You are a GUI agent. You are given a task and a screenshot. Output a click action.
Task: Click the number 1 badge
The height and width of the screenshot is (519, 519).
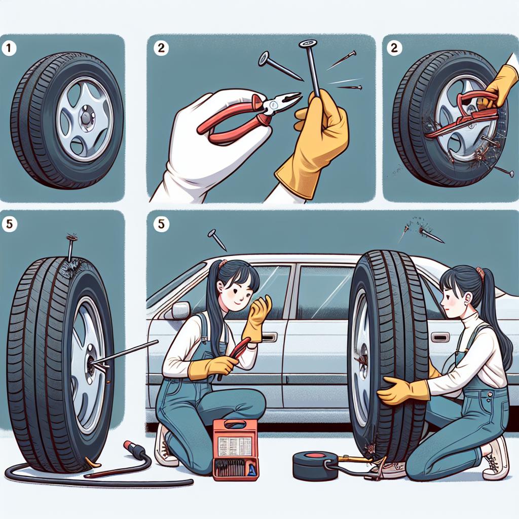(9, 48)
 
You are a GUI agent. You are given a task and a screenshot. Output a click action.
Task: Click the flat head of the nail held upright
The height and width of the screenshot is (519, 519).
(308, 43)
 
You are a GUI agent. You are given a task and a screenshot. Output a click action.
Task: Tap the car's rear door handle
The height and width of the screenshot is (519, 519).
(440, 337)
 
